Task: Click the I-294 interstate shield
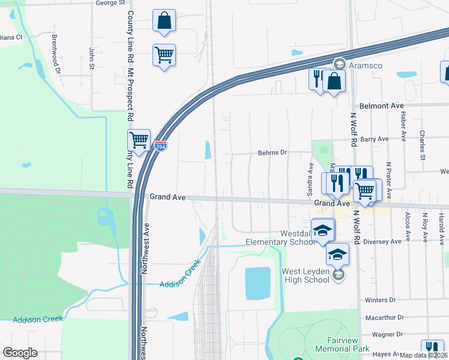pos(160,146)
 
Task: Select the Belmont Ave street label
pos(382,106)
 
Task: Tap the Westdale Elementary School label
pos(281,238)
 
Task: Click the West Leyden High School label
pos(306,275)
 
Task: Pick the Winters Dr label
pos(381,299)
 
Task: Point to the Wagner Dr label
pos(382,334)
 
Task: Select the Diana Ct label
pos(11,37)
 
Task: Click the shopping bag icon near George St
pos(164,22)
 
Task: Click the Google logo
pos(20,353)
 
